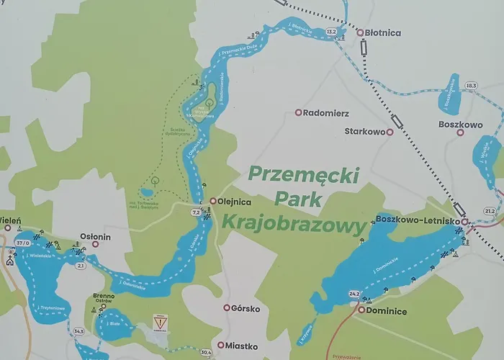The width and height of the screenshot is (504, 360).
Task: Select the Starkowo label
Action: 364,132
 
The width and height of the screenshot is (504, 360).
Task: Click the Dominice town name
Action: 387,311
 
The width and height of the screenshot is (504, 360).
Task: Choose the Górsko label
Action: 244,308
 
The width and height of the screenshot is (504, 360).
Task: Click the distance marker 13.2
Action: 331,32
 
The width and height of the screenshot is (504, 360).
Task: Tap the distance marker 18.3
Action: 471,86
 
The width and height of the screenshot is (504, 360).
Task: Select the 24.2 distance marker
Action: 354,294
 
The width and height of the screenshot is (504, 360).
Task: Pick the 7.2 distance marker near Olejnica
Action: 196,212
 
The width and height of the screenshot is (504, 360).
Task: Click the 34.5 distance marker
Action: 78,331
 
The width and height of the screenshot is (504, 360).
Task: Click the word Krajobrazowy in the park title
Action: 291,224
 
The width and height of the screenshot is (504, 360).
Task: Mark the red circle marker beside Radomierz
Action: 298,113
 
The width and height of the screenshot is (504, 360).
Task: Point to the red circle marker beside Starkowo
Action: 390,132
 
